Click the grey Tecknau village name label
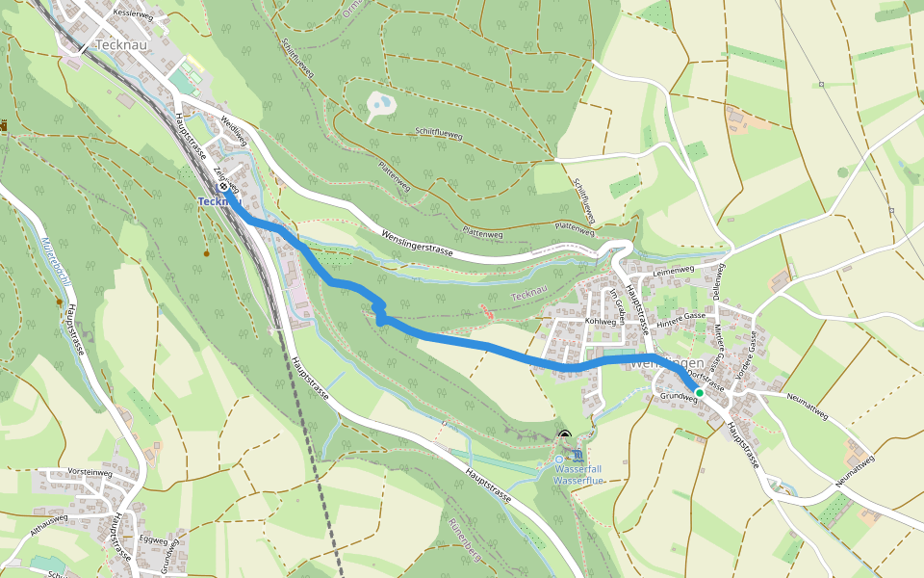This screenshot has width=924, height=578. coord(120,45)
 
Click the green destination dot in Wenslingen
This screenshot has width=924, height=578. coord(700,393)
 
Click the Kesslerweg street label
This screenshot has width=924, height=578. coord(132,15)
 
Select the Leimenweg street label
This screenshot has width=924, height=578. coord(674,271)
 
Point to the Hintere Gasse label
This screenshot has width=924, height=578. coord(682,315)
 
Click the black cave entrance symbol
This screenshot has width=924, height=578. coord(563,435)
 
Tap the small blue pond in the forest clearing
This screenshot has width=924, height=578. coord(382,101)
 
